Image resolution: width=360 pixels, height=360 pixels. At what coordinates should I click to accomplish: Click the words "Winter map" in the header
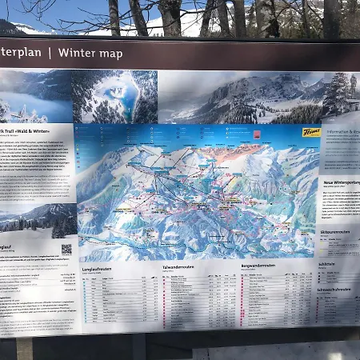pos(90,54)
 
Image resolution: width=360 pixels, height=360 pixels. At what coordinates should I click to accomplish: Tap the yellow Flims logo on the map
pos(310,132)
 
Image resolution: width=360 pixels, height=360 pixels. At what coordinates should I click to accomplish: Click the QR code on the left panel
pos(66,249)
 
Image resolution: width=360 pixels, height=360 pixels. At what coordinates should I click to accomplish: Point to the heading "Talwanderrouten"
pos(178,266)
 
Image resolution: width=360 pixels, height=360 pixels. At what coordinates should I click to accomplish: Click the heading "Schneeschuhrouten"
pos(337,289)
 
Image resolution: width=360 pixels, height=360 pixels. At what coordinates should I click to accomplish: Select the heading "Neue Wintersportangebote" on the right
pos(341,182)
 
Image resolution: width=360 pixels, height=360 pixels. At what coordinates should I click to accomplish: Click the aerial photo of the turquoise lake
pos(114,96)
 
